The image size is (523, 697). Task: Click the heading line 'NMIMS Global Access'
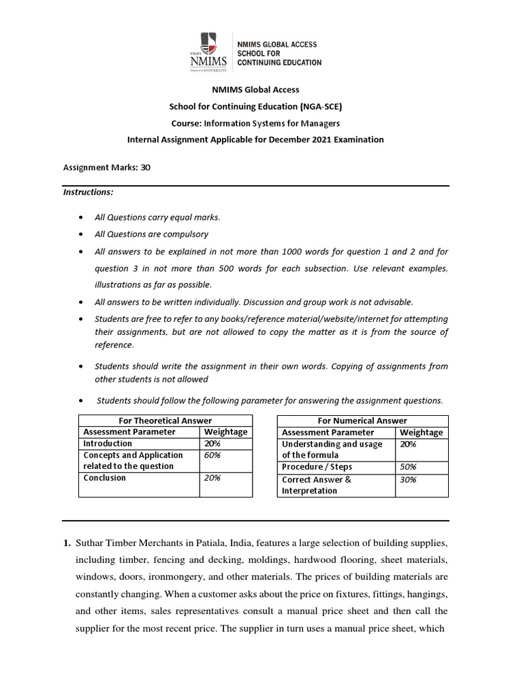[262, 89]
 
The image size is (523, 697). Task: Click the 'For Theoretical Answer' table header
[165, 421]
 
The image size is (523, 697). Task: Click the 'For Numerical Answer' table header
[363, 421]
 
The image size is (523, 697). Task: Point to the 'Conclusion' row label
[104, 478]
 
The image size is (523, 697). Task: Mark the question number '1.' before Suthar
[67, 543]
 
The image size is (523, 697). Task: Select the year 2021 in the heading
[323, 140]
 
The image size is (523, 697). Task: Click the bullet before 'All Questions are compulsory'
[82, 235]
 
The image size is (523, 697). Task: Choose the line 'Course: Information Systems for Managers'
[262, 123]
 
